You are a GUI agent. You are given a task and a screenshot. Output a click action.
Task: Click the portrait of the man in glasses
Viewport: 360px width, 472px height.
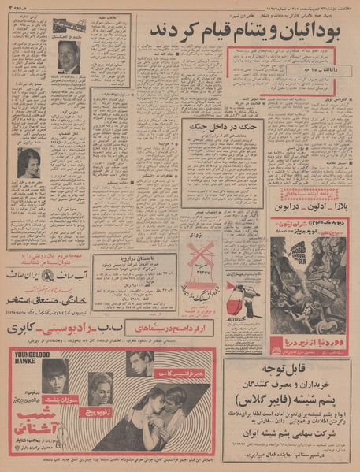click(x=68, y=57)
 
